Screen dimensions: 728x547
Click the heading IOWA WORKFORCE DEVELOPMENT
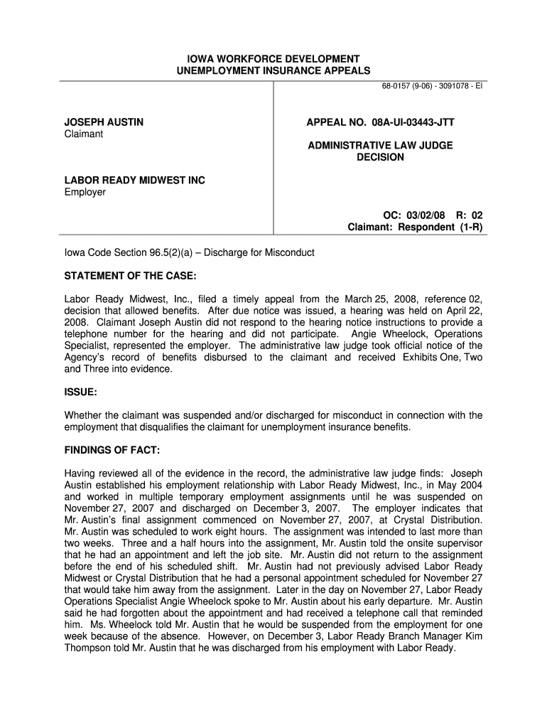tap(273, 58)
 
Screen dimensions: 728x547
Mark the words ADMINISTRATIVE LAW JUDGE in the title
tap(380, 146)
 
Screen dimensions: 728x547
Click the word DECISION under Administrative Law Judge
tap(380, 157)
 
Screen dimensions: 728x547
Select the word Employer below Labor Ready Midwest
tap(85, 192)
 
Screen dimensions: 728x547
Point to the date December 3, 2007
tap(286, 508)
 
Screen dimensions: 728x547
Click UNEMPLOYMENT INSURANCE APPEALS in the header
tap(273, 70)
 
